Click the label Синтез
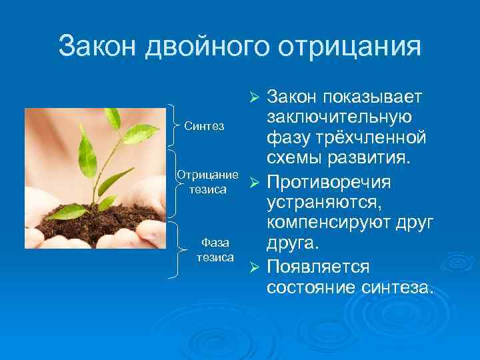tap(204, 126)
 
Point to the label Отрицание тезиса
tap(207, 181)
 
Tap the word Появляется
tap(317, 267)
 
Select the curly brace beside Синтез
tap(176, 126)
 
